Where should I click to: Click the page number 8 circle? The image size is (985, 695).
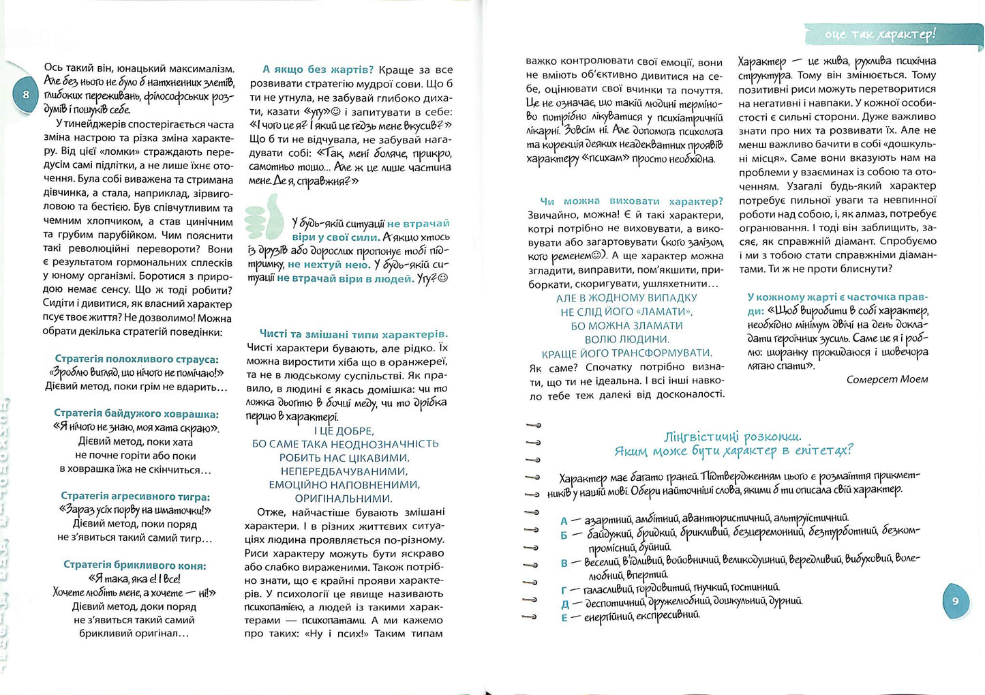pos(26,95)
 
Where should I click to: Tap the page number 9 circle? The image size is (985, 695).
pos(955,601)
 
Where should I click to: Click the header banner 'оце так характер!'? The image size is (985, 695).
pos(880,33)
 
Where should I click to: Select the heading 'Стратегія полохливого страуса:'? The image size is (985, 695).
pos(136,359)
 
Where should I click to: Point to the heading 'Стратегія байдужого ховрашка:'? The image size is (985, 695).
pos(136,414)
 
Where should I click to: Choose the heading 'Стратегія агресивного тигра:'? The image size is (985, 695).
pos(136,497)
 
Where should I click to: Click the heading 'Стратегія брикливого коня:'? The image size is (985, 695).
pos(134,565)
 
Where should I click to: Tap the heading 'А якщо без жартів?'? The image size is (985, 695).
pos(318,70)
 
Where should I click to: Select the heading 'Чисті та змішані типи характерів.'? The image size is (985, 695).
pos(354,334)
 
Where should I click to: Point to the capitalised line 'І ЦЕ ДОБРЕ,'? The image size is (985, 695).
pos(344,431)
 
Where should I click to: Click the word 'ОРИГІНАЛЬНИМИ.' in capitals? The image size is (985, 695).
pos(344,499)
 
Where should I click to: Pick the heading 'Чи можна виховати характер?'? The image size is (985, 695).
pos(631,201)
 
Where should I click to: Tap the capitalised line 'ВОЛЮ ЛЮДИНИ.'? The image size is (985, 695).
pos(627,339)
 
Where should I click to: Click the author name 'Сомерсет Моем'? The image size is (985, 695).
pos(887,380)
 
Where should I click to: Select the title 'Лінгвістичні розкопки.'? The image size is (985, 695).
pos(733,437)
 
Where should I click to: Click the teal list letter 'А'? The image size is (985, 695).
pos(564,521)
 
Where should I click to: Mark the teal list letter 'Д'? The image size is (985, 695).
pos(564,604)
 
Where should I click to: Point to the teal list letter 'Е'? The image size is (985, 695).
pos(564,618)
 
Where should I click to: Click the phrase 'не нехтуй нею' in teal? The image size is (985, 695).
pos(329,265)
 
